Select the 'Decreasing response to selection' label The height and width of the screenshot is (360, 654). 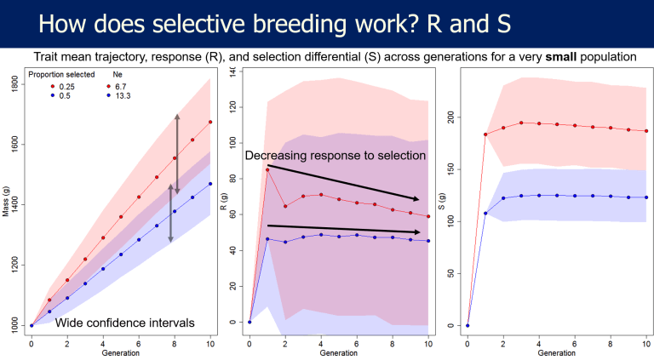[x=335, y=156]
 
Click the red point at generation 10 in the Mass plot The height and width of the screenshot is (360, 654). [x=209, y=122]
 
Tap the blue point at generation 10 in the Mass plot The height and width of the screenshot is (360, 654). [x=209, y=183]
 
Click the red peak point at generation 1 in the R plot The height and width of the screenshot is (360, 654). [x=267, y=169]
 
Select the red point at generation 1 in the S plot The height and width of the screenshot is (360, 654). [x=485, y=134]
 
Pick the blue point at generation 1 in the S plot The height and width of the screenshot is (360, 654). [x=485, y=213]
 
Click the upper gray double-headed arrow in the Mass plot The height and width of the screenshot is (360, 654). [x=177, y=151]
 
